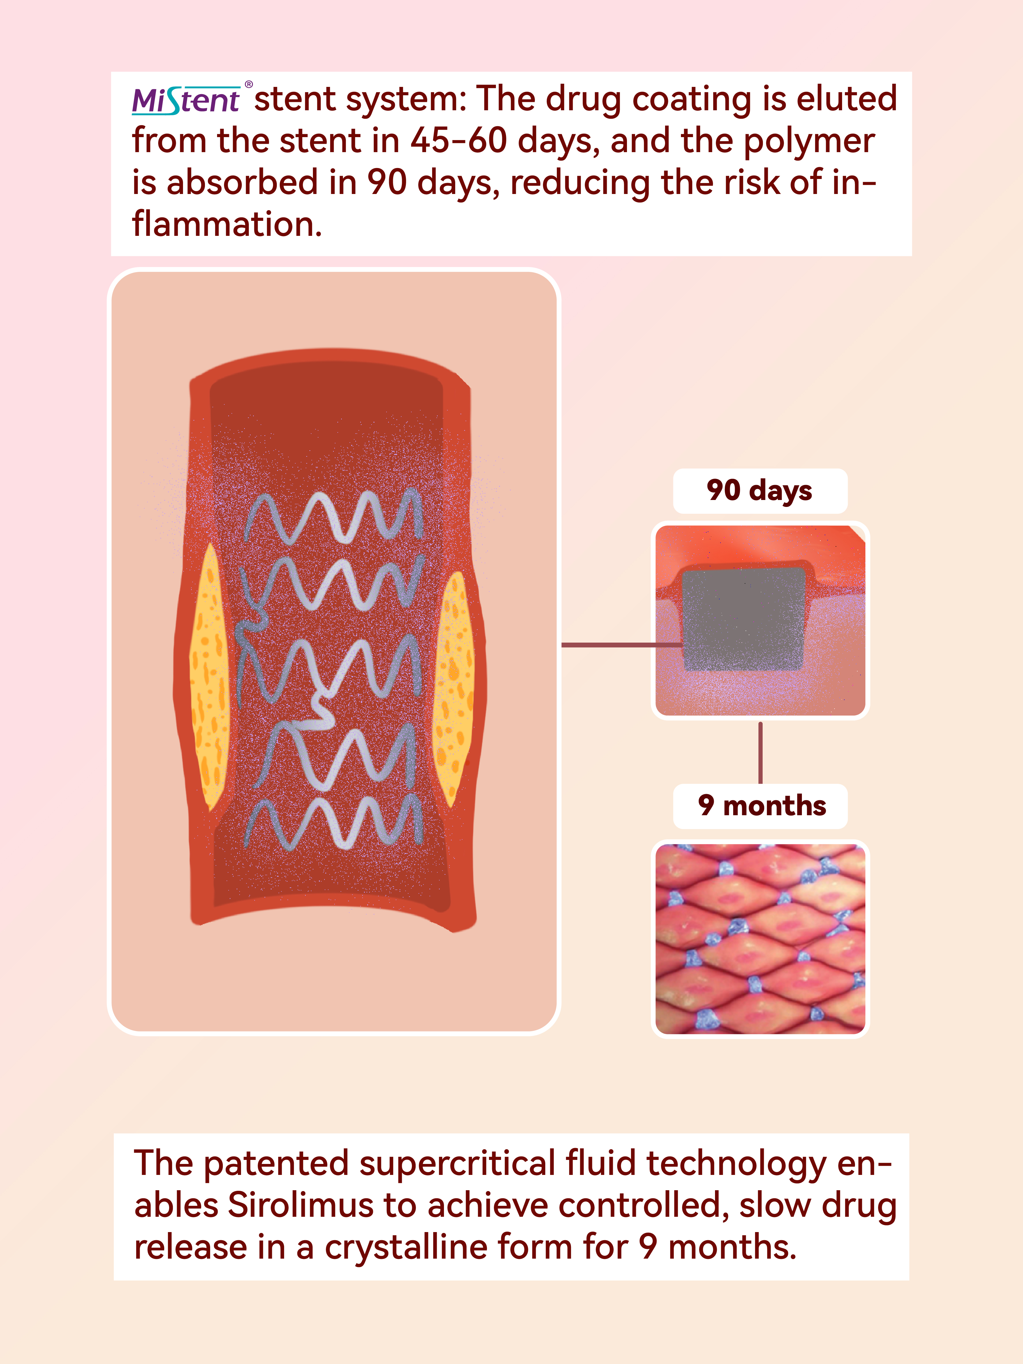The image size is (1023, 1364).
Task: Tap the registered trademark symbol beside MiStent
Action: pos(249,85)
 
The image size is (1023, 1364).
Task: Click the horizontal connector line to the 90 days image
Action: pos(621,645)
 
